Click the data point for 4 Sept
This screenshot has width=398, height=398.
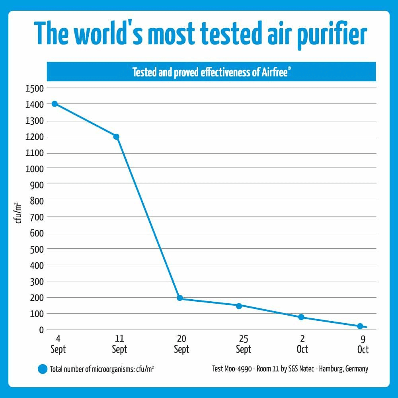[x=55, y=104]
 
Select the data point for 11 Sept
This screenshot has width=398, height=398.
[x=116, y=137]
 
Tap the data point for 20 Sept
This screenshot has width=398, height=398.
[x=179, y=298]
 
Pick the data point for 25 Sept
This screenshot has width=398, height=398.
[x=239, y=306]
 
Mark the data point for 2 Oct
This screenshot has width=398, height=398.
[x=301, y=317]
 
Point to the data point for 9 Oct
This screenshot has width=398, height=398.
[x=360, y=326]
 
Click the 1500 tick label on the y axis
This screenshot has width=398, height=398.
[x=34, y=88]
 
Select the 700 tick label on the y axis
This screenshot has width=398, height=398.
[x=37, y=217]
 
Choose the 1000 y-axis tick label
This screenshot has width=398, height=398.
[x=34, y=168]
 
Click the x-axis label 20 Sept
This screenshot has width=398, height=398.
[x=181, y=344]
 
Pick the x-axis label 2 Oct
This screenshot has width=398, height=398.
[x=302, y=344]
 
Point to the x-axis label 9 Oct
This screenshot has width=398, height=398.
[x=363, y=344]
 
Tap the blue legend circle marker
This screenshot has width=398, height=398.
[x=42, y=369]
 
